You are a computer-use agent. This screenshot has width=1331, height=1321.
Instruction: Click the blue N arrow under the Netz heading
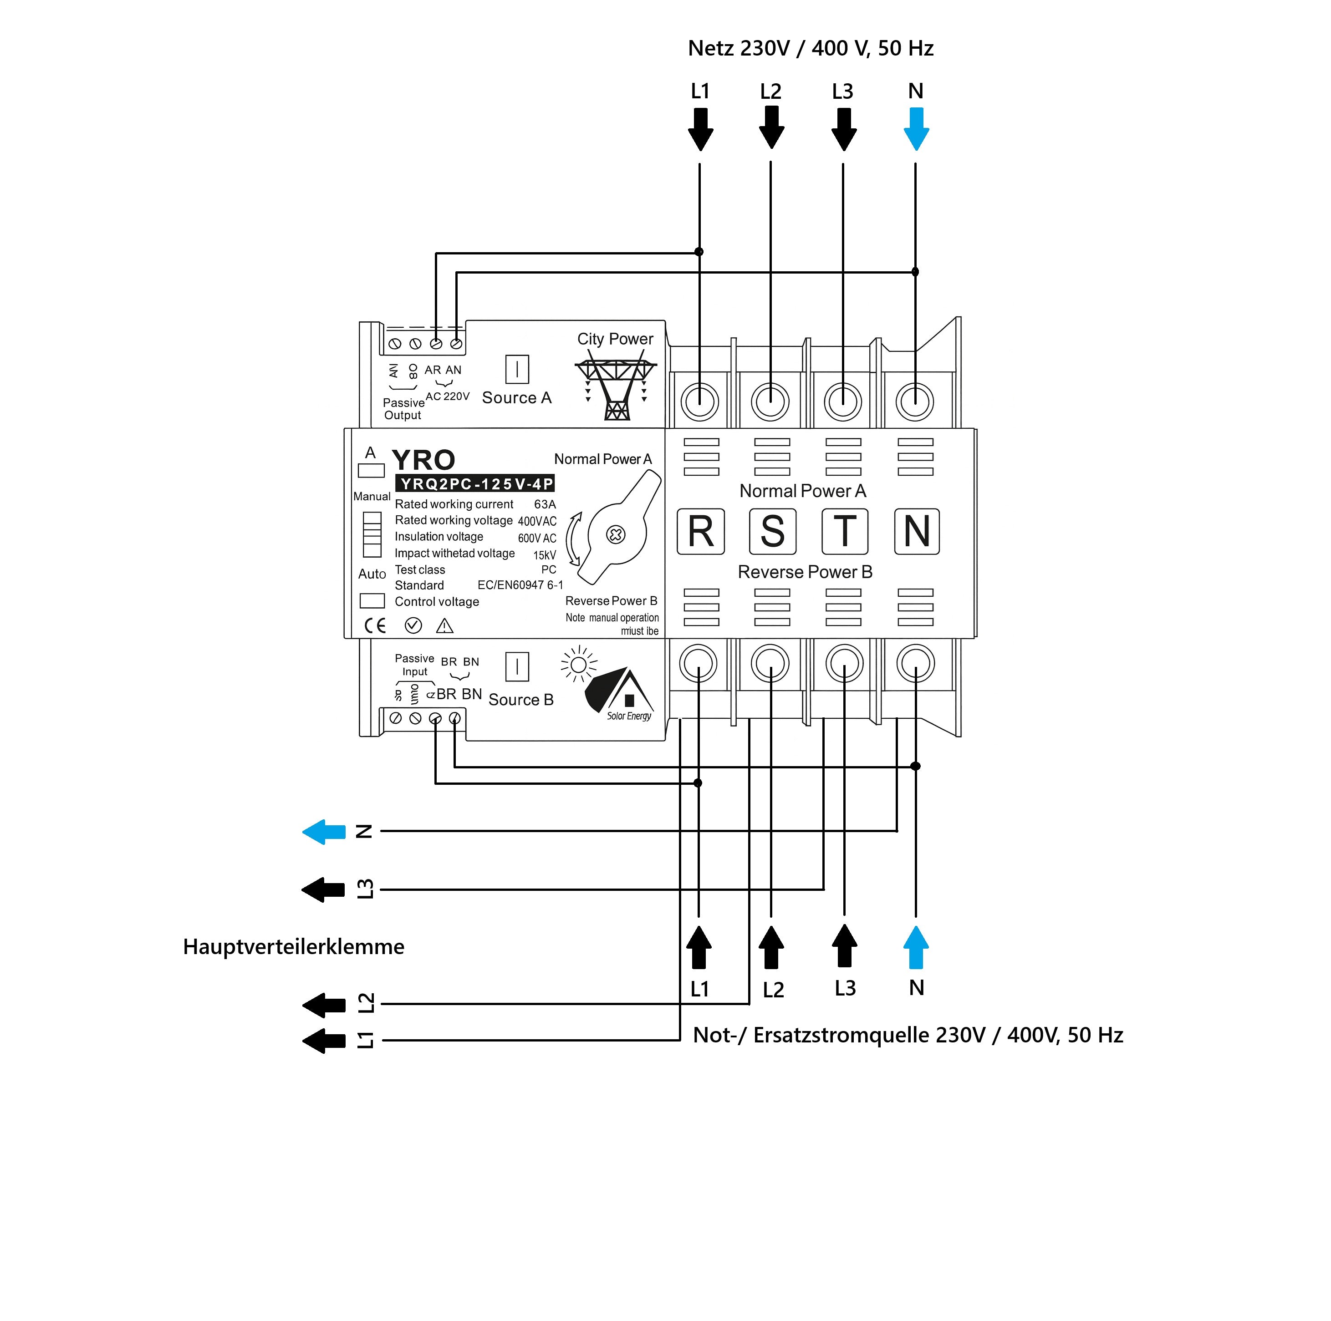point(916,129)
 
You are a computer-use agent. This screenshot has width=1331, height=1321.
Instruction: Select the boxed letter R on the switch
point(701,531)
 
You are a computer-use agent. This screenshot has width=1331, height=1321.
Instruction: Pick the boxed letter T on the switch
point(845,531)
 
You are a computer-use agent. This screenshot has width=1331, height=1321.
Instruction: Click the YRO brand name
point(423,459)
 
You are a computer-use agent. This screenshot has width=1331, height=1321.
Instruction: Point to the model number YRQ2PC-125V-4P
point(474,483)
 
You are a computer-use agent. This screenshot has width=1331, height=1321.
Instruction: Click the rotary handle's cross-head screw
point(615,534)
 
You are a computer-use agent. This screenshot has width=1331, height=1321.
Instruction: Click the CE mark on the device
point(375,625)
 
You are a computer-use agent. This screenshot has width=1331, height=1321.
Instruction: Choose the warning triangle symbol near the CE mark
point(444,625)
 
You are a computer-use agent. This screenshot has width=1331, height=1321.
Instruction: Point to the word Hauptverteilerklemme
point(294,946)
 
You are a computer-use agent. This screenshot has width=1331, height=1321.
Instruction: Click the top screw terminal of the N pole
point(915,401)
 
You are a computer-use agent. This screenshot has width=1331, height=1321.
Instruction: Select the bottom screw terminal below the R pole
point(698,663)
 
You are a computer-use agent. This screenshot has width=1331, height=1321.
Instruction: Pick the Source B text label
point(521,700)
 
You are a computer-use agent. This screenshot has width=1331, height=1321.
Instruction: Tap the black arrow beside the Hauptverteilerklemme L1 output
point(324,1040)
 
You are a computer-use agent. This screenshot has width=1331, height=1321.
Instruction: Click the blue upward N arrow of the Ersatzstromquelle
point(916,948)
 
